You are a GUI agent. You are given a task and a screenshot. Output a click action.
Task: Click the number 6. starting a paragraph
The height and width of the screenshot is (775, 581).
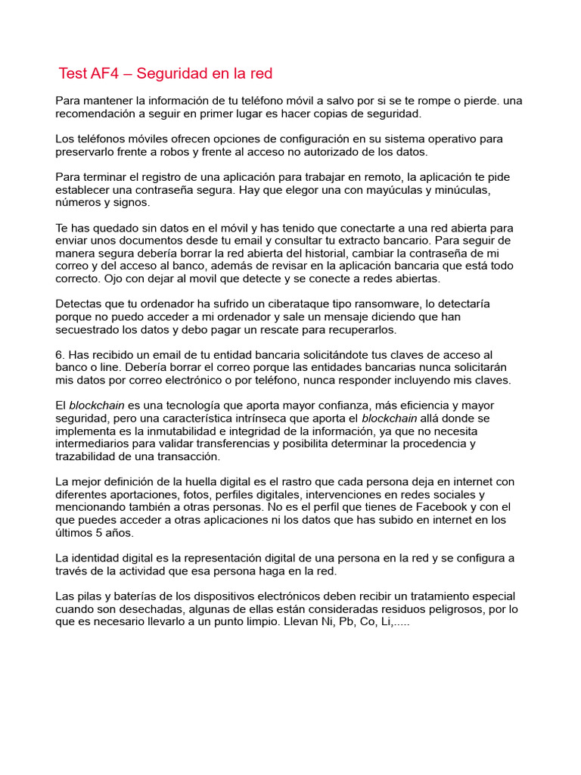pyautogui.click(x=61, y=354)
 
